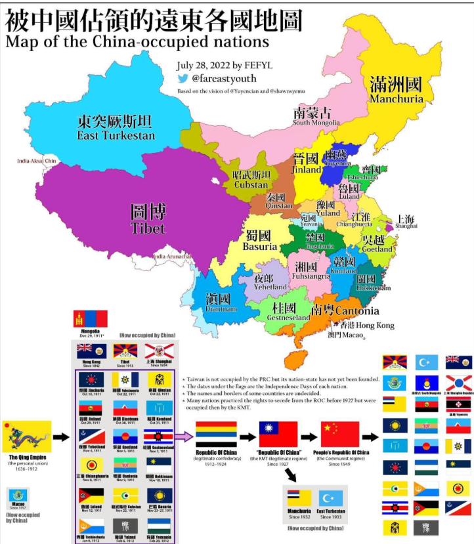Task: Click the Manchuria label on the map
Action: [x=396, y=99]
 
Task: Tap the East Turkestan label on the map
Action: [x=116, y=136]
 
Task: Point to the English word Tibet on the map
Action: [x=148, y=229]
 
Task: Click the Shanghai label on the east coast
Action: [x=406, y=226]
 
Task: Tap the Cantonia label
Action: [x=355, y=311]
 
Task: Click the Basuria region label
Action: [x=259, y=247]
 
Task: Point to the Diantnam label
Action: [x=221, y=309]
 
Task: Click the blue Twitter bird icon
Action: [x=183, y=78]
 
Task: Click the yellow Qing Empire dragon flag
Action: [x=26, y=436]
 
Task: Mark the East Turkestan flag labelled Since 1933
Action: [x=330, y=498]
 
